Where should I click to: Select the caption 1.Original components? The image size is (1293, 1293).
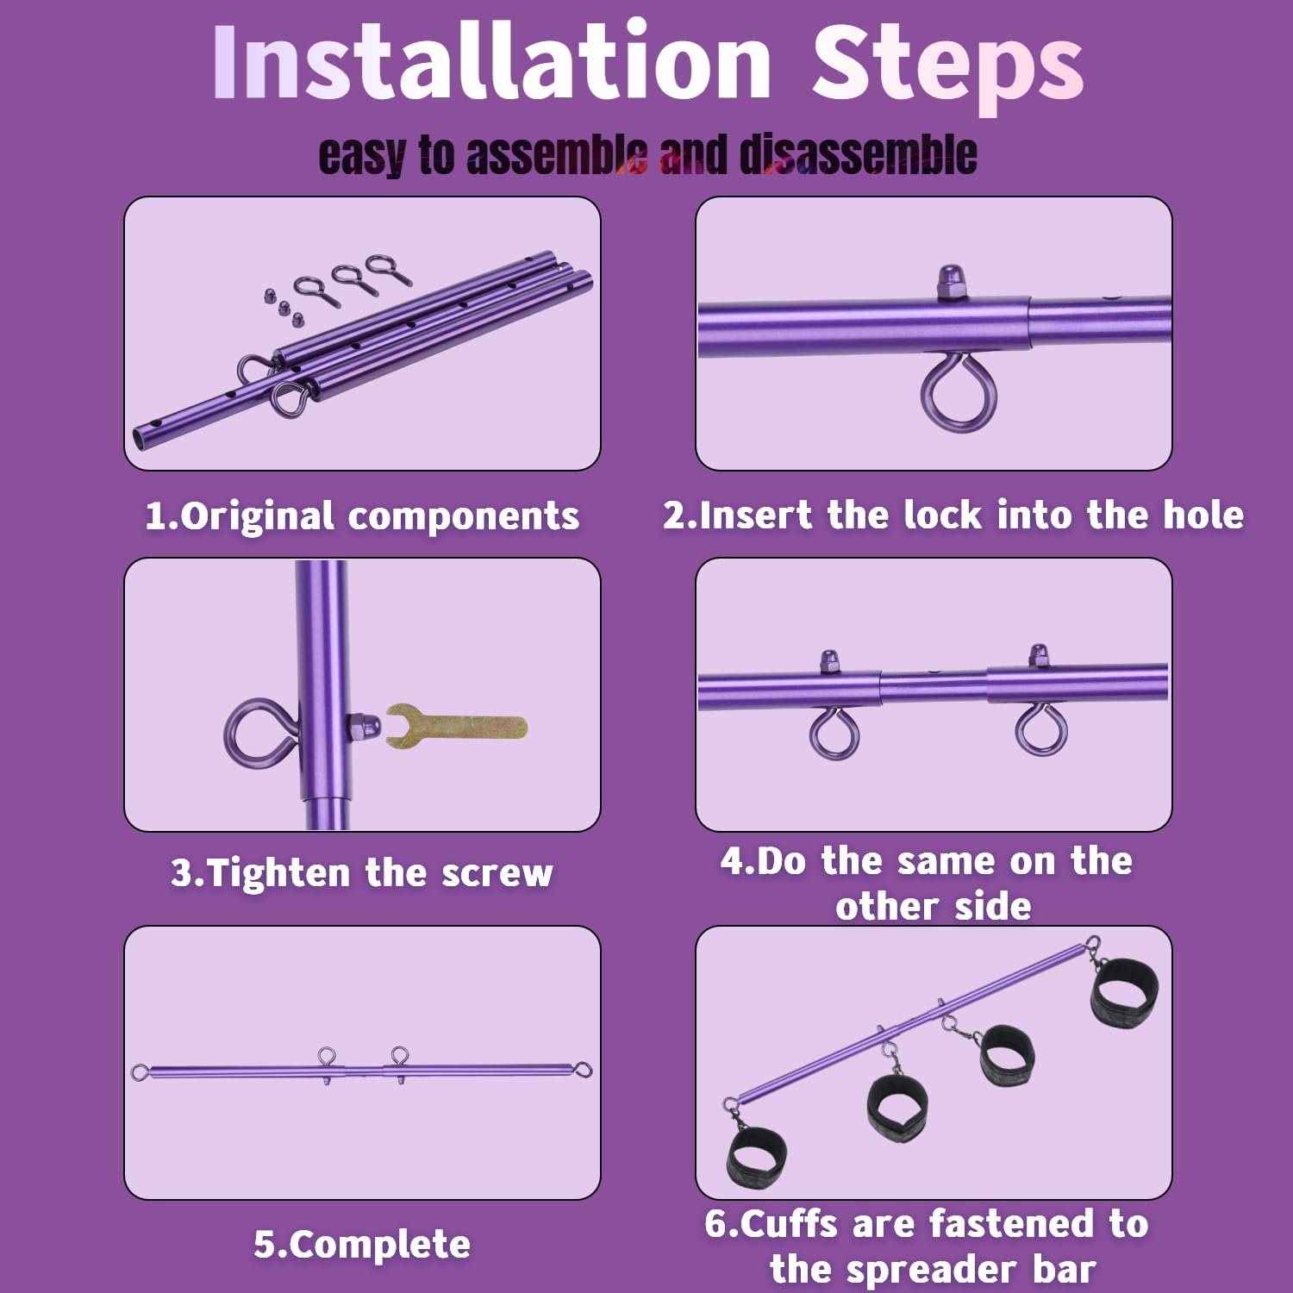point(362,516)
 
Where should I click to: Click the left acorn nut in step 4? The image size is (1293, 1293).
point(829,662)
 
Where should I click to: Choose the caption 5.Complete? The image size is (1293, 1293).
point(362,1245)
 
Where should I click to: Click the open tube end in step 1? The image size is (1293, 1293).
point(141,436)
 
